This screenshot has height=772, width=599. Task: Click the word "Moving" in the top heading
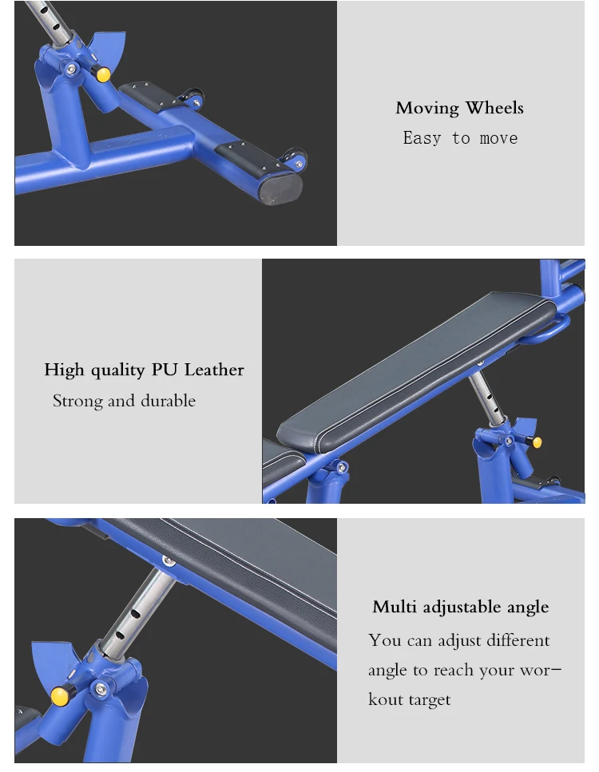(x=426, y=109)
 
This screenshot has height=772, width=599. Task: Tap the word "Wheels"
(x=494, y=107)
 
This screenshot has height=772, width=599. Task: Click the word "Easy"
(x=422, y=138)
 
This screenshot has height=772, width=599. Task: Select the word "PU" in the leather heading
(x=164, y=370)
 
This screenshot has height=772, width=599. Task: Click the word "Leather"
(x=214, y=370)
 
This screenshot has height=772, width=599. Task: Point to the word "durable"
(x=168, y=401)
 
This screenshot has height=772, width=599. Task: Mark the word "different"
(x=518, y=640)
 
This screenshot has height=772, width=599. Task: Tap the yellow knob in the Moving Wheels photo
(x=104, y=75)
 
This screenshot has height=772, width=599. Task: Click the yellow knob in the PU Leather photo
(x=537, y=442)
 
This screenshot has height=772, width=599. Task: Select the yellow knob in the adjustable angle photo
(x=60, y=696)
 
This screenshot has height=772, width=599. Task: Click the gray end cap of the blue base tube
(x=280, y=189)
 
